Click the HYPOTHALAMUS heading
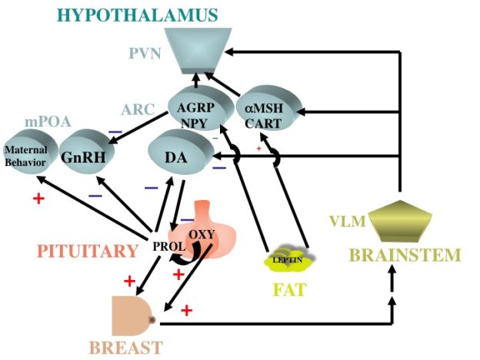pyautogui.click(x=138, y=15)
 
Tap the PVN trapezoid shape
pyautogui.click(x=198, y=51)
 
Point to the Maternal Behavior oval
pyautogui.click(x=30, y=152)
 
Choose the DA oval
pyautogui.click(x=181, y=152)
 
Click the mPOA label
pyautogui.click(x=48, y=122)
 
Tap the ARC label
pyautogui.click(x=138, y=109)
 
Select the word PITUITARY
pyautogui.click(x=88, y=251)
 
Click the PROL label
pyautogui.click(x=169, y=246)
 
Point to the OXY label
pyautogui.click(x=202, y=235)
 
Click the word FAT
pyautogui.click(x=289, y=289)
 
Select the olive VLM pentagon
pyautogui.click(x=401, y=221)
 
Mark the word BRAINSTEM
pyautogui.click(x=405, y=255)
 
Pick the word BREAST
pyautogui.click(x=126, y=348)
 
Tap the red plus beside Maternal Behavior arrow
pyautogui.click(x=39, y=198)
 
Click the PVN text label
pyautogui.click(x=145, y=54)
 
